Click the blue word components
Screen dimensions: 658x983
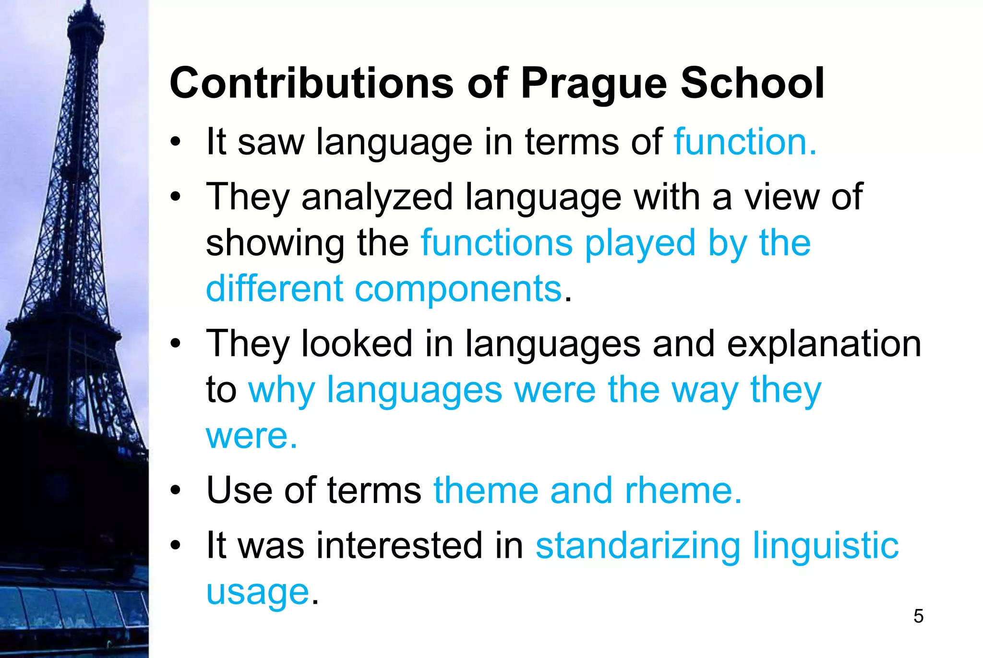click(x=458, y=289)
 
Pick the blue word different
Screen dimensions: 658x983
click(x=275, y=289)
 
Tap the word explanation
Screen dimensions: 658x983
click(x=824, y=344)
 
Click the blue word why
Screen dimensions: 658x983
click(x=281, y=390)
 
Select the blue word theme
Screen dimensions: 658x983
click(x=486, y=491)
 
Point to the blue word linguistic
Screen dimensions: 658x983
click(x=826, y=546)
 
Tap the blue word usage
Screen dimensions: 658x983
click(x=257, y=593)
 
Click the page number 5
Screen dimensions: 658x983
click(x=918, y=616)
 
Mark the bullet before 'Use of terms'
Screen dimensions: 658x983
click(x=176, y=491)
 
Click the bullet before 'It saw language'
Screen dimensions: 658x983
click(x=176, y=143)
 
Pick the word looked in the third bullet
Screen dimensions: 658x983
click(x=357, y=344)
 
